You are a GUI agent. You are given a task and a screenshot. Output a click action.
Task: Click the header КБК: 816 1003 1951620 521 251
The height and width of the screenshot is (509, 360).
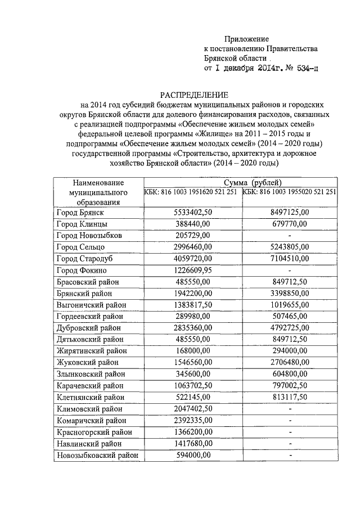[191, 192]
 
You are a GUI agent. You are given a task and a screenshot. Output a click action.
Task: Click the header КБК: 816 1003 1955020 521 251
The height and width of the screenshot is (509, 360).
[290, 192]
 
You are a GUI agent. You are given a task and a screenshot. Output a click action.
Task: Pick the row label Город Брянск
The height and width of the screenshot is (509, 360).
[80, 213]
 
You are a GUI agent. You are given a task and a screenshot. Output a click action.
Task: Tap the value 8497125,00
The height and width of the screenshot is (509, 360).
[289, 213]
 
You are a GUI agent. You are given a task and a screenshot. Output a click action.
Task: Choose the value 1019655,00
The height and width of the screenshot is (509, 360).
[289, 304]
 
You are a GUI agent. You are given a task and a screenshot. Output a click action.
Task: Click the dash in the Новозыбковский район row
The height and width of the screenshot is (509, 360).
[289, 455]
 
